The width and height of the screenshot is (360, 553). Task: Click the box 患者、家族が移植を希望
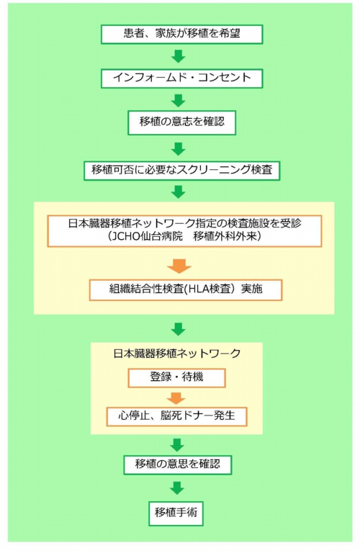[181, 35]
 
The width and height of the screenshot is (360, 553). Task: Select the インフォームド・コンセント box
[181, 78]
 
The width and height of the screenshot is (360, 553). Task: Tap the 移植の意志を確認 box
[181, 122]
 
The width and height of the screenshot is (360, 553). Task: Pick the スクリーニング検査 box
[181, 171]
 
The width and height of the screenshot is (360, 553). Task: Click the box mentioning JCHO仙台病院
[184, 231]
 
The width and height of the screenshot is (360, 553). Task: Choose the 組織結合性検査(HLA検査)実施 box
[186, 290]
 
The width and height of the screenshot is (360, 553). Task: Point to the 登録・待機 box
[176, 378]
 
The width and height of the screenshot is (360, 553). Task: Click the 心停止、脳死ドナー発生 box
[176, 416]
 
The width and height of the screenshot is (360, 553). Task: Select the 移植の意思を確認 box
[178, 465]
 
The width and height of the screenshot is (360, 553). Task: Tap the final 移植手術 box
[176, 513]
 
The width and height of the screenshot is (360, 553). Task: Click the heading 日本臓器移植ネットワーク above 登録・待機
[177, 354]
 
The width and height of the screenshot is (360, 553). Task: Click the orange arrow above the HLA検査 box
[179, 266]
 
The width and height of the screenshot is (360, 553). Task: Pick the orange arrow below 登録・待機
[176, 398]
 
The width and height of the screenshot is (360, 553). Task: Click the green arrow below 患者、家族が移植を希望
[179, 56]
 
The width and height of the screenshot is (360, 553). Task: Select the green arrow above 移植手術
[177, 488]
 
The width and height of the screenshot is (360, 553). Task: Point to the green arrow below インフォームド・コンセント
[179, 101]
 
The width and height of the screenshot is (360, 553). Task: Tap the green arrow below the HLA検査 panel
[179, 329]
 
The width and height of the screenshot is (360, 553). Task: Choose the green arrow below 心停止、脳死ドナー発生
[177, 445]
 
